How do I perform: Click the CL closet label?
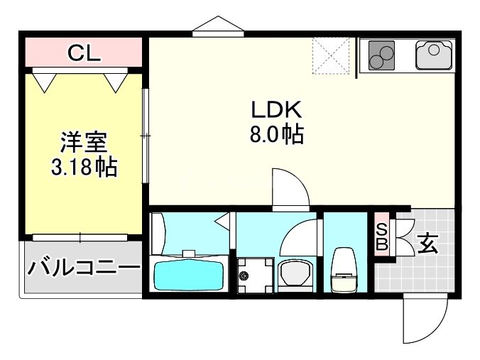[83, 52]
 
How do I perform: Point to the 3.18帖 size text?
[83, 168]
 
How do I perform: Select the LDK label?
[276, 110]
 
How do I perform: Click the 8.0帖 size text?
[276, 134]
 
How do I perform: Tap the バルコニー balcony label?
[83, 268]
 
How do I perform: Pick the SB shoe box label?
[381, 236]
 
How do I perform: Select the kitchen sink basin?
[434, 55]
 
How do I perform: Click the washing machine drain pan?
[254, 273]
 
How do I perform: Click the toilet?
[345, 271]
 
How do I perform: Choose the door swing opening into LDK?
[290, 187]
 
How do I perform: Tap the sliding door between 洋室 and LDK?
[145, 135]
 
